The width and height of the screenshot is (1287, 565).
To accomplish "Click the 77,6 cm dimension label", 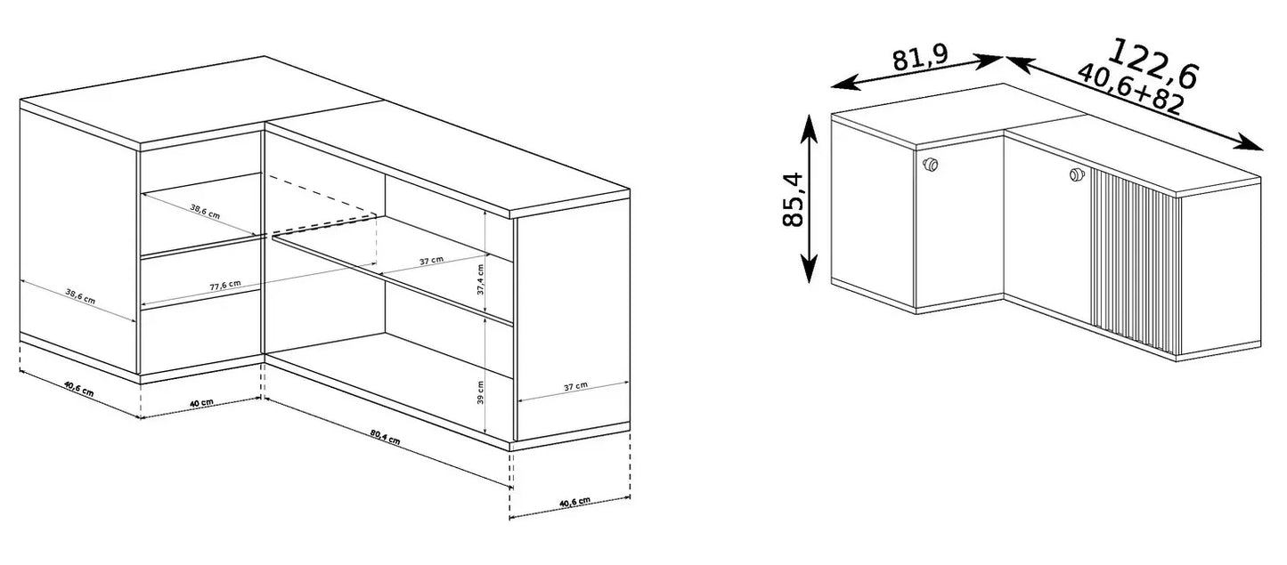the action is click(x=225, y=285).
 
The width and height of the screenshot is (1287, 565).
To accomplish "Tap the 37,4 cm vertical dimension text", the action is click(x=481, y=279).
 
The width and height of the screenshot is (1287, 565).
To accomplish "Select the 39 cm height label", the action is click(x=480, y=392).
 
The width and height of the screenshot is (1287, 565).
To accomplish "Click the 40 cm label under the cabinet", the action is click(x=201, y=403).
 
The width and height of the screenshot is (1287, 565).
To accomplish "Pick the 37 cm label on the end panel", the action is click(x=575, y=386).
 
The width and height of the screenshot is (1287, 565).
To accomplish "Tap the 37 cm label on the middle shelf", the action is click(x=431, y=261).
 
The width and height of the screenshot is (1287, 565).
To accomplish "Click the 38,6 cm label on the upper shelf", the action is click(x=205, y=211).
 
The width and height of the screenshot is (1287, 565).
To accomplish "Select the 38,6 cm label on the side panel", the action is click(x=80, y=296).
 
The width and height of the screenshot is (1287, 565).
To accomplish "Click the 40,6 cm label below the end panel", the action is click(x=574, y=502).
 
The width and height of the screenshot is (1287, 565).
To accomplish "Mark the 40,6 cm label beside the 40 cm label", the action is click(x=78, y=389).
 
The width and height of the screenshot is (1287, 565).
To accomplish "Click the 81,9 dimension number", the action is click(x=920, y=58).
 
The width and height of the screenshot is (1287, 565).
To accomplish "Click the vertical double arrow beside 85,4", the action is click(x=809, y=198).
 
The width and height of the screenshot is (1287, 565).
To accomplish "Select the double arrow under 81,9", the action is click(x=917, y=72).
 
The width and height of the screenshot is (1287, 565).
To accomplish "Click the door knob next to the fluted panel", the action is click(x=1076, y=174).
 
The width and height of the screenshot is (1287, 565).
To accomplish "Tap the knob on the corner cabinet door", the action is click(x=930, y=165).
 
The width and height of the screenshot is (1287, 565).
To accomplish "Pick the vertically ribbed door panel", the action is click(x=1136, y=262).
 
